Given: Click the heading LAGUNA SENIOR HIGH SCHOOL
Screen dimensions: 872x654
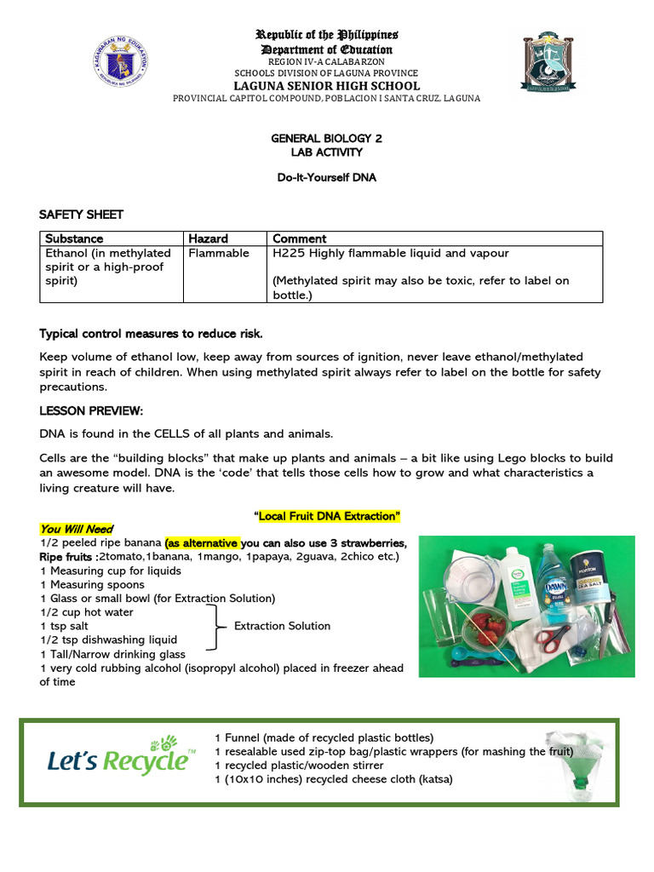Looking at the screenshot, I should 327,85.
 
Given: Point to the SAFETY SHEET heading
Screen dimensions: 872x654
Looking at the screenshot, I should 82,214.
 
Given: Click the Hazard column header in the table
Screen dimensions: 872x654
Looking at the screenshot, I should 208,238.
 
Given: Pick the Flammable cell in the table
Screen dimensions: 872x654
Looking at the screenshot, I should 219,253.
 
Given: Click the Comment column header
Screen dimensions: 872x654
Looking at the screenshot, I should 299,238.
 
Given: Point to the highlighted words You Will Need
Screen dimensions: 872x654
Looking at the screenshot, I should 77,529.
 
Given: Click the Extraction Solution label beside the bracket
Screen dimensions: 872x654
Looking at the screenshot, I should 282,626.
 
